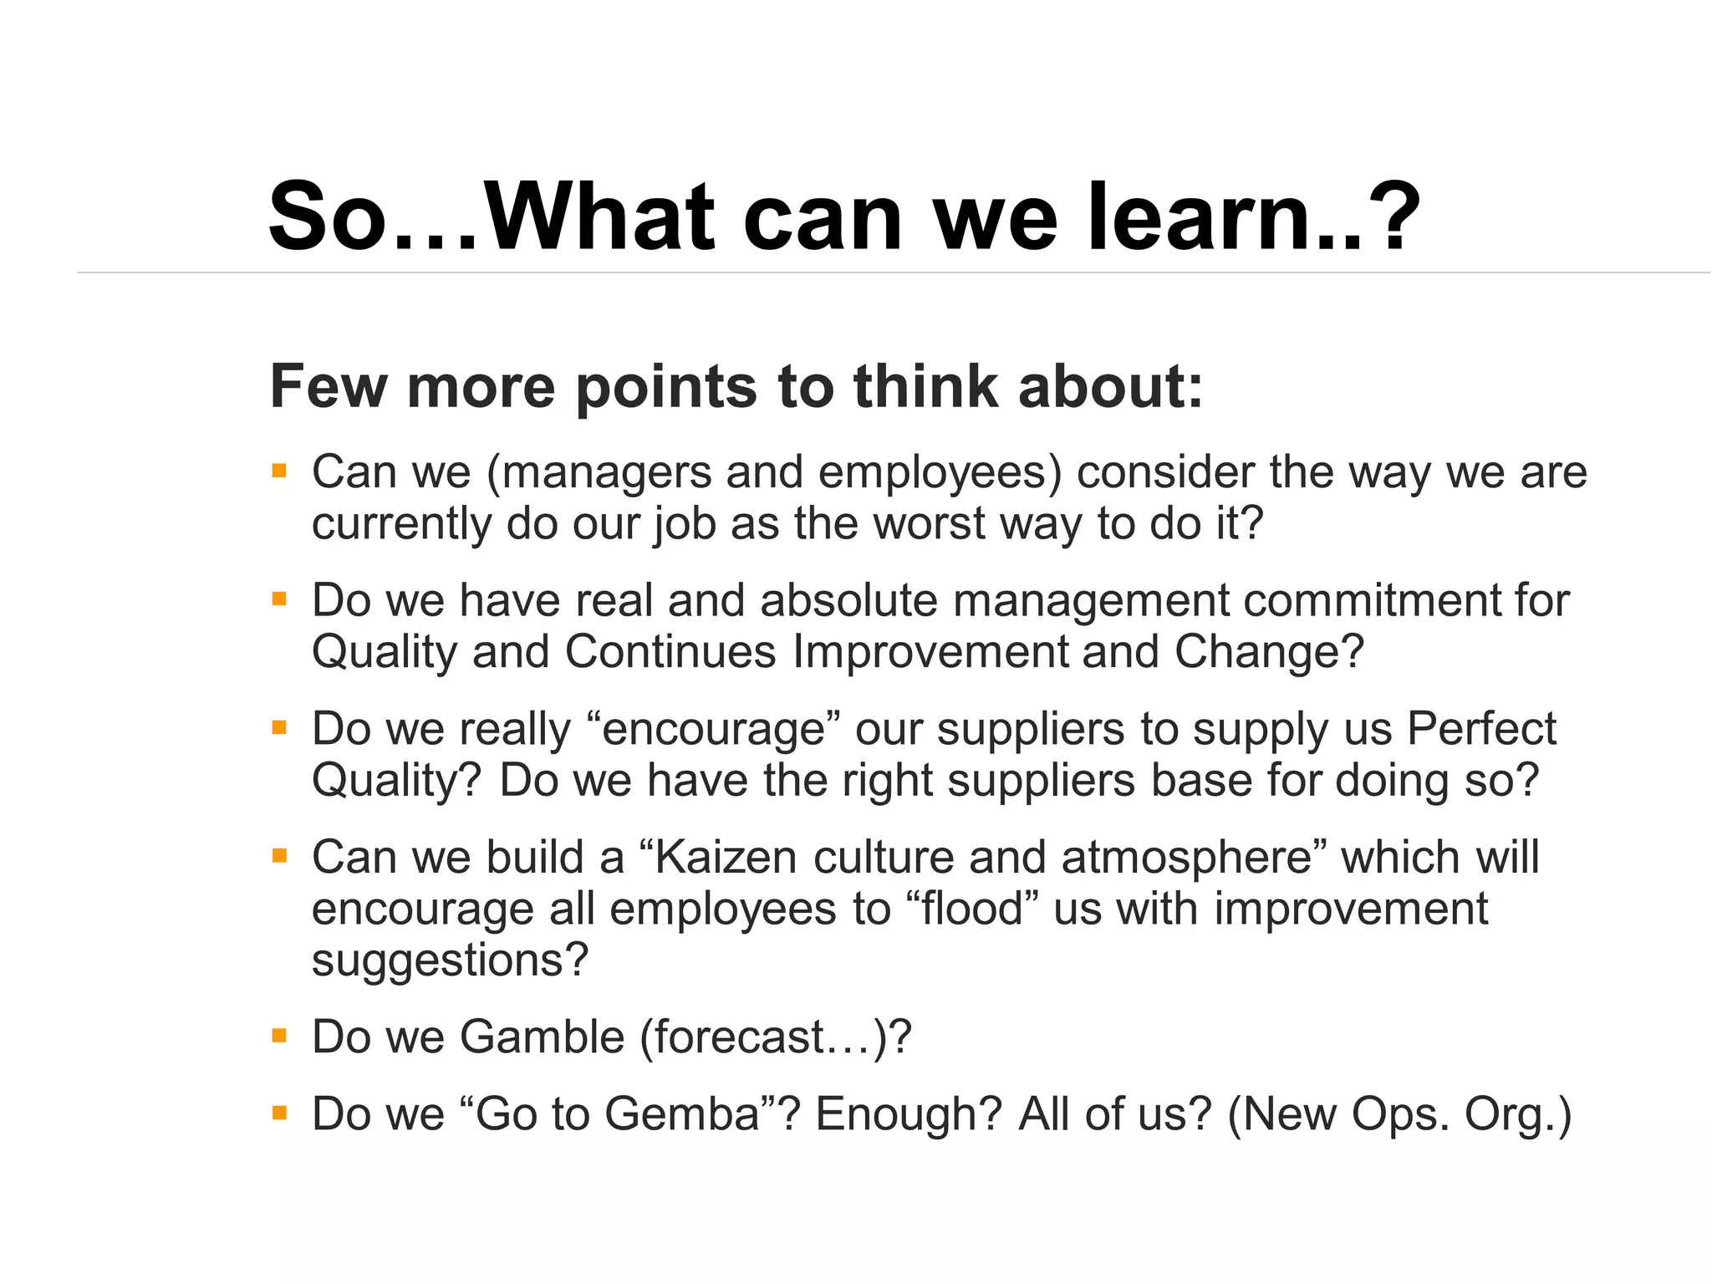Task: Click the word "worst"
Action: point(930,524)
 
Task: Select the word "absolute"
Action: point(848,601)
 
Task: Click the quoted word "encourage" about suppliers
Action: point(713,729)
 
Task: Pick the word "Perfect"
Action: point(1481,729)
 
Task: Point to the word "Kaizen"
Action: point(726,858)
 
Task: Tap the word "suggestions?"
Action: point(451,960)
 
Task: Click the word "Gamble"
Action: point(543,1037)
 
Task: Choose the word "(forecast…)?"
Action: point(775,1037)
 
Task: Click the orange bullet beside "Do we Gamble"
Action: point(279,1037)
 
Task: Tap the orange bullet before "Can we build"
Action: point(279,856)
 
